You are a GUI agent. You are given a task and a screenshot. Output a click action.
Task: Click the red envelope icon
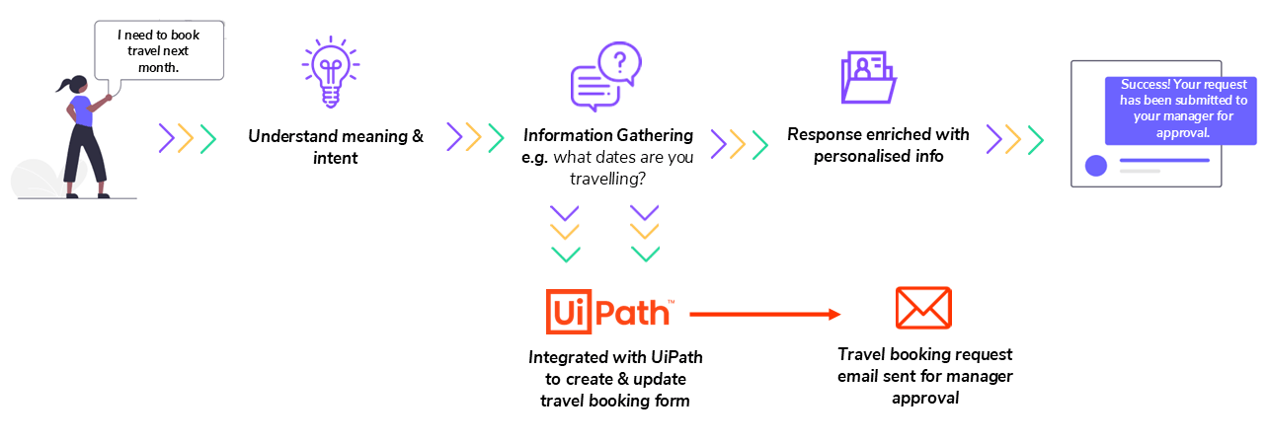point(922,308)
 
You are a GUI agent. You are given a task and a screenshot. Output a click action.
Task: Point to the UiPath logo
point(610,313)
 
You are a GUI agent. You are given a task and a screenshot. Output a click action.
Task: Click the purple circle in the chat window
point(1095,166)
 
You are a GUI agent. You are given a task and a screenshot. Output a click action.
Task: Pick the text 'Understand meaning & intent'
point(335,146)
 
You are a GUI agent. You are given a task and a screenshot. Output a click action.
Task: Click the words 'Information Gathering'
point(608,135)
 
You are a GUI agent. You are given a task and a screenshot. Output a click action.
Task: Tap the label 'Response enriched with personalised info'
point(878,144)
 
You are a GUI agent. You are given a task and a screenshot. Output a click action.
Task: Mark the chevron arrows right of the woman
point(187,139)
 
